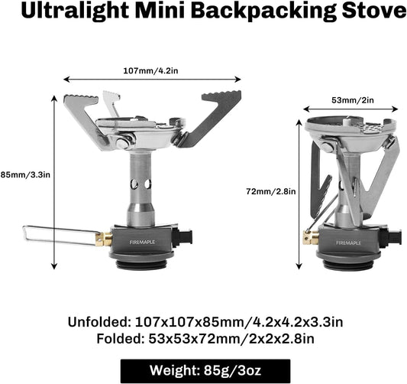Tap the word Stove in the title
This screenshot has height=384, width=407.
pyautogui.click(x=374, y=13)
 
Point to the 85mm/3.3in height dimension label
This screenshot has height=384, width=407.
pyautogui.click(x=25, y=173)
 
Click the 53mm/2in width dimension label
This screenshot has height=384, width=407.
pyautogui.click(x=351, y=99)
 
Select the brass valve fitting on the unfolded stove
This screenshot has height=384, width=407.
pyautogui.click(x=106, y=239)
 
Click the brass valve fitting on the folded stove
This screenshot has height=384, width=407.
pyautogui.click(x=311, y=238)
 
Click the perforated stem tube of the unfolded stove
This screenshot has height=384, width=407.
pyautogui.click(x=141, y=184)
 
